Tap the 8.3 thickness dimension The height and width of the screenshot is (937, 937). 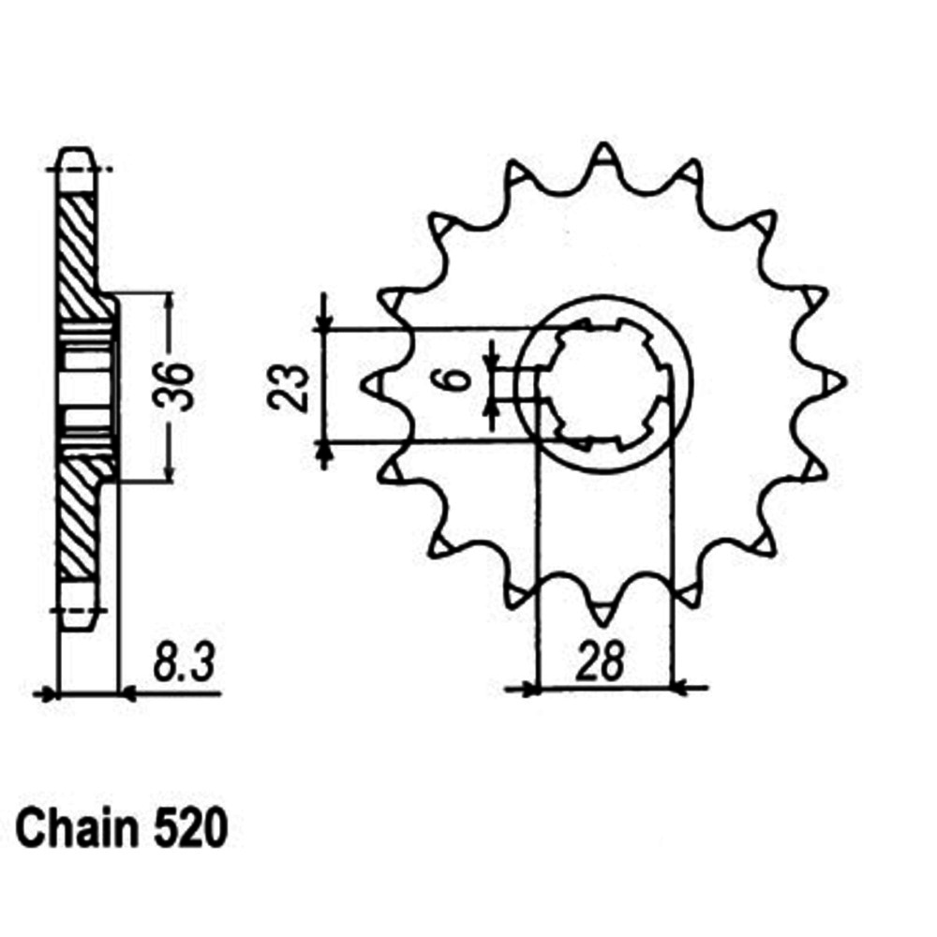(x=183, y=662)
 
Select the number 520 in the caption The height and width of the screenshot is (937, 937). (x=190, y=829)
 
